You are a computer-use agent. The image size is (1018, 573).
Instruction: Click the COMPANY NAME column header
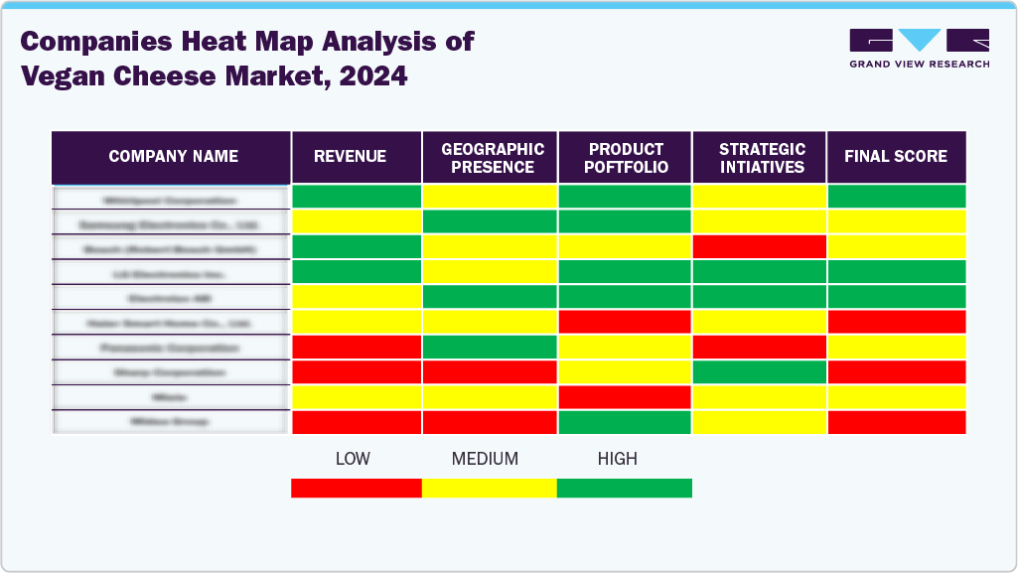point(173,157)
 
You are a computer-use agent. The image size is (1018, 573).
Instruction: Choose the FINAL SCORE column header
point(896,157)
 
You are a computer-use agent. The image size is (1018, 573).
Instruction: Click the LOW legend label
point(354,459)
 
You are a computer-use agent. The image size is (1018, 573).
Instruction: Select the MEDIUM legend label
point(485,459)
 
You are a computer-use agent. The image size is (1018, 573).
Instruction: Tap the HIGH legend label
point(617,459)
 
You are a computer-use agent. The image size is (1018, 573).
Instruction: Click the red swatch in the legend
point(356,488)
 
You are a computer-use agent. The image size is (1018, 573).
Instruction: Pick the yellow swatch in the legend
point(489,488)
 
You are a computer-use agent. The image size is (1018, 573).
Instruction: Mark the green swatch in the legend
point(624,488)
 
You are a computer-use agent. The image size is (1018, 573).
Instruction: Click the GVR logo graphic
point(919,41)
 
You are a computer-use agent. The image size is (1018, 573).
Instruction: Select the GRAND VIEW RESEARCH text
point(919,64)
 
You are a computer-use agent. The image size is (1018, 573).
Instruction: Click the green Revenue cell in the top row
point(356,197)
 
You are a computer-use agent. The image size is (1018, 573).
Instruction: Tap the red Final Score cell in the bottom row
point(896,422)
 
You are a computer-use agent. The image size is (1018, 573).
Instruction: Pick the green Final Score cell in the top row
point(896,197)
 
